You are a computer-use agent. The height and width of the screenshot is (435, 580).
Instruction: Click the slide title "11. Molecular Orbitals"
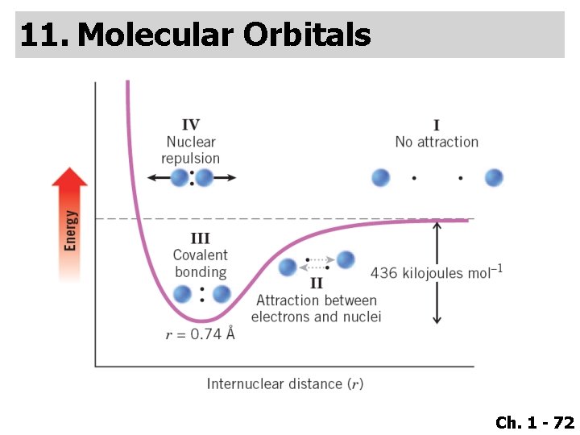point(195,35)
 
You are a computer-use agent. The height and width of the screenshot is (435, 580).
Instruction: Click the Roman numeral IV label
point(191,125)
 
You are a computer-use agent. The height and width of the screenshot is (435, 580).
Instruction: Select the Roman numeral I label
point(437,125)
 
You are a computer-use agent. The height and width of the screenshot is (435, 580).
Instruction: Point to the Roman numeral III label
point(200,238)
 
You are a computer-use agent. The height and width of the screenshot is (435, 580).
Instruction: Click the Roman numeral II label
point(316,283)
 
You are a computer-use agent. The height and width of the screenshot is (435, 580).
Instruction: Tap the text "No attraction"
point(437,143)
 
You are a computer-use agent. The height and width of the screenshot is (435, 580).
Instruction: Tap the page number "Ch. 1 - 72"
point(535,422)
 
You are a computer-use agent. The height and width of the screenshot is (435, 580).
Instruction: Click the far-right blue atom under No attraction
point(494,177)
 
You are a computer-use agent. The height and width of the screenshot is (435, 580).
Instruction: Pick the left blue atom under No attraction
point(380,177)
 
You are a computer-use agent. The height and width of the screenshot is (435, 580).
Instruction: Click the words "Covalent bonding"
point(201,263)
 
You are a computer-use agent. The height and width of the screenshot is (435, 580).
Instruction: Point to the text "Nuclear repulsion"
point(191,151)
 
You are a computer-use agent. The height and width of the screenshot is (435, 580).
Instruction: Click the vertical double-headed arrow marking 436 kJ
point(437,272)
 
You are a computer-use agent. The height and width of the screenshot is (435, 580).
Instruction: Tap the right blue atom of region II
point(346,259)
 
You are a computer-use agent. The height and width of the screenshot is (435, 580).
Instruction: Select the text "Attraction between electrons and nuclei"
point(316,309)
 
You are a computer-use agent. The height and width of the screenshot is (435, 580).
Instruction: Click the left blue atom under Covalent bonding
point(183,294)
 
